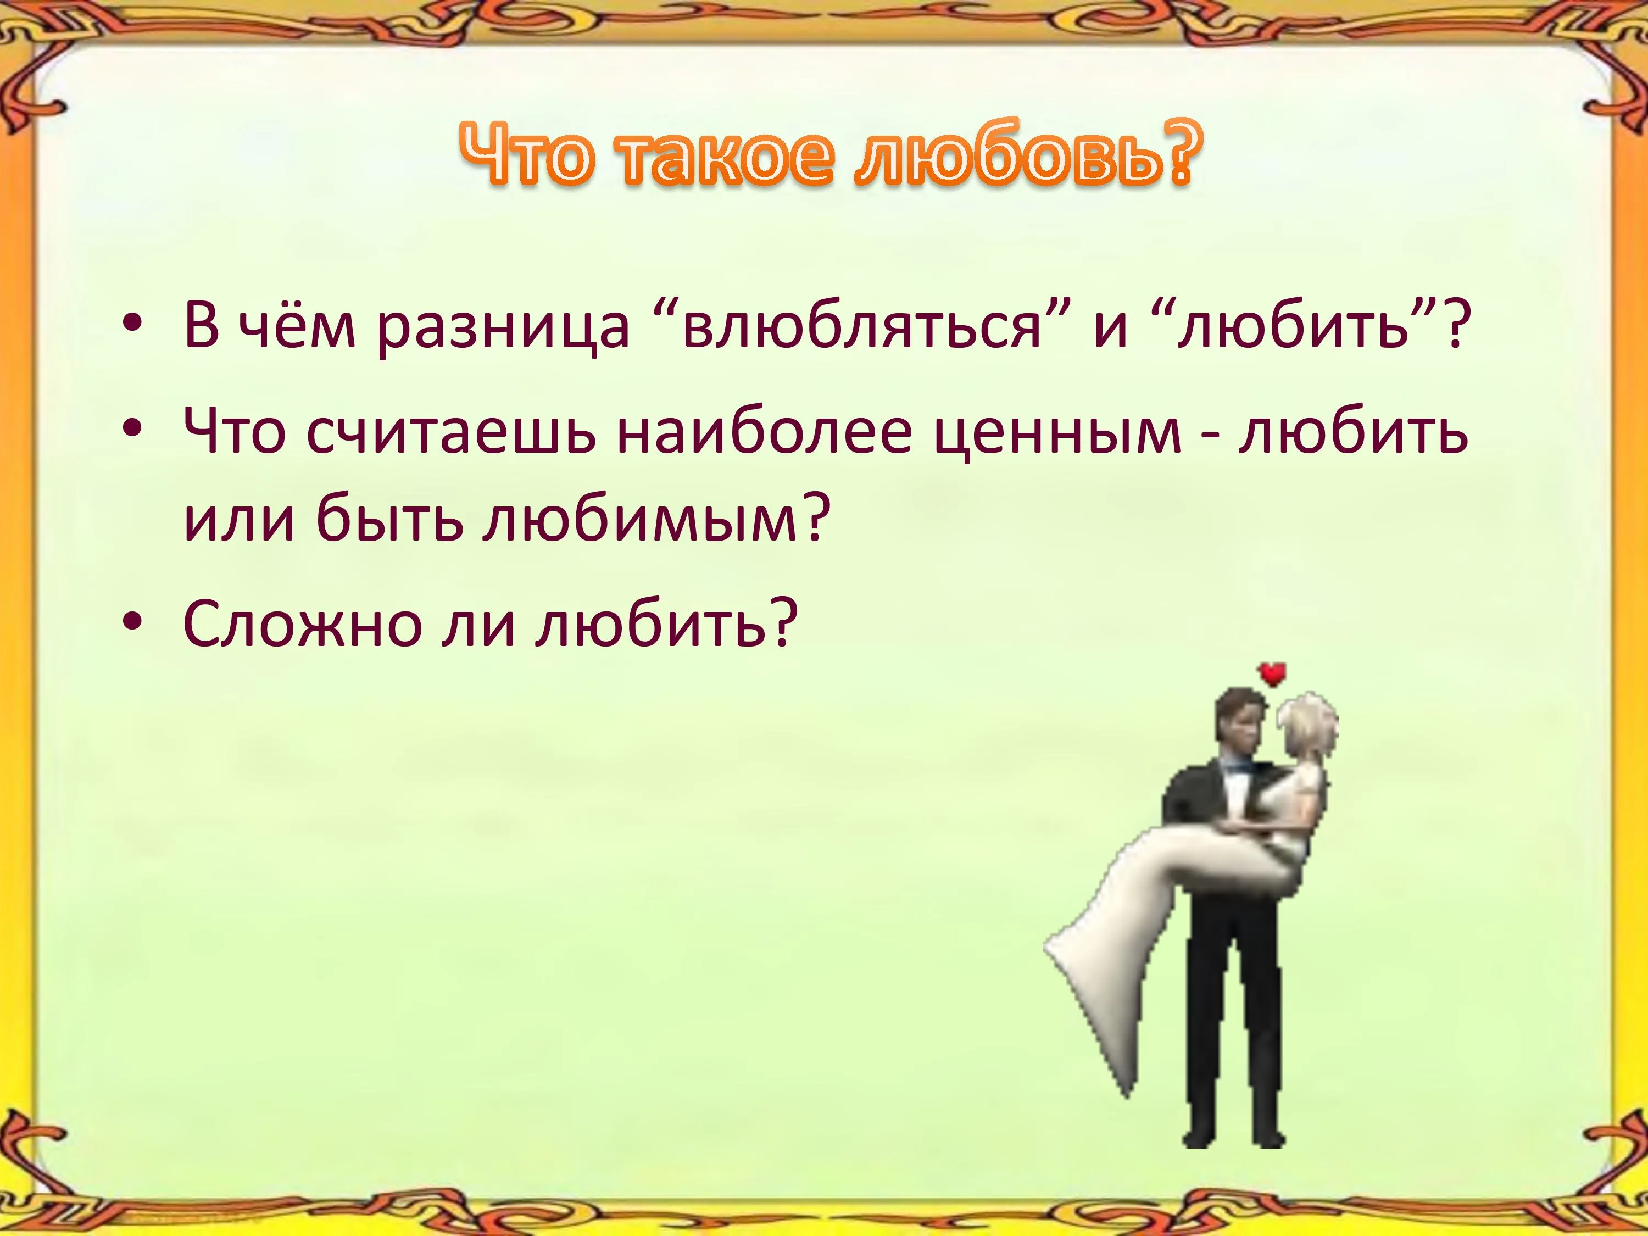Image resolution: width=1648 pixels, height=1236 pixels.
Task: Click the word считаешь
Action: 451,433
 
